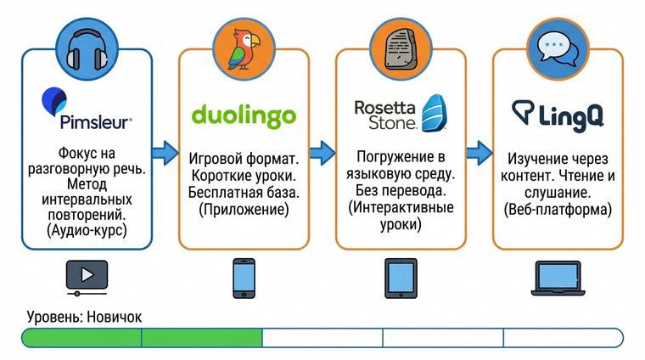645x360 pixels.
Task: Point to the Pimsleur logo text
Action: (95, 121)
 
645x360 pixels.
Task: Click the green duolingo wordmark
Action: (244, 115)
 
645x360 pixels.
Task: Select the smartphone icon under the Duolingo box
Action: (244, 277)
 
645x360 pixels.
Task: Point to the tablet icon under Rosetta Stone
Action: (401, 277)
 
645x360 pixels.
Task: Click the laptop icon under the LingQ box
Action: (558, 277)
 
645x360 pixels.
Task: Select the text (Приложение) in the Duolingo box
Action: (244, 210)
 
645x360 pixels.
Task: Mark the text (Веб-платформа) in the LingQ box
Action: (558, 210)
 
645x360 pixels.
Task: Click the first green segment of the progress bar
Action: (81, 338)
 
